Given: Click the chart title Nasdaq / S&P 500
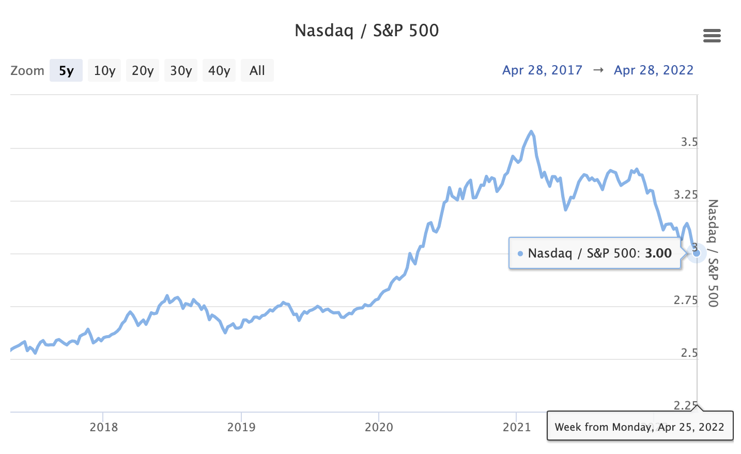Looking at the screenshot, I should tap(366, 31).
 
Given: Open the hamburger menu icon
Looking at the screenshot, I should tap(712, 36).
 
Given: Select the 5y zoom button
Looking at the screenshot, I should tap(66, 70).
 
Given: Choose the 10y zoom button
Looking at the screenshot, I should tap(104, 70).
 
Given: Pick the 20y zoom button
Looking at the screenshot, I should tap(143, 70).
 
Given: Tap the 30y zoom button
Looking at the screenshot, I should tap(181, 70).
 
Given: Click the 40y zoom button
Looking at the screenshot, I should tap(219, 70).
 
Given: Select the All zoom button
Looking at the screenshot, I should tap(257, 70).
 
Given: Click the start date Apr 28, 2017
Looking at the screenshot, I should tap(542, 70).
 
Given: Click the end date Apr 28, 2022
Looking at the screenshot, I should tap(653, 70).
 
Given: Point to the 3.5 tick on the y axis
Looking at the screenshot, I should tap(689, 142).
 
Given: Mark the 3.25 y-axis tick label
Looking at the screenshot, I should tap(686, 195).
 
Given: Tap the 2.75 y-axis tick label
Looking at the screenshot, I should tap(686, 300).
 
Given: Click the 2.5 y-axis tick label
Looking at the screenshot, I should tap(689, 353).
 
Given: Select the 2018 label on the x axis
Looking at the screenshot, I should tap(103, 427).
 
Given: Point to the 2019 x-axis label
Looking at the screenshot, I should tap(241, 427).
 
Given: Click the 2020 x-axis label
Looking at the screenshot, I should tap(379, 427).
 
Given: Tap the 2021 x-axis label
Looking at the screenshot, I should tap(517, 427).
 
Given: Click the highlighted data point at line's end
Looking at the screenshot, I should tap(696, 253).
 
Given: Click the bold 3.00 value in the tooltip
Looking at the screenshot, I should tap(658, 253).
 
